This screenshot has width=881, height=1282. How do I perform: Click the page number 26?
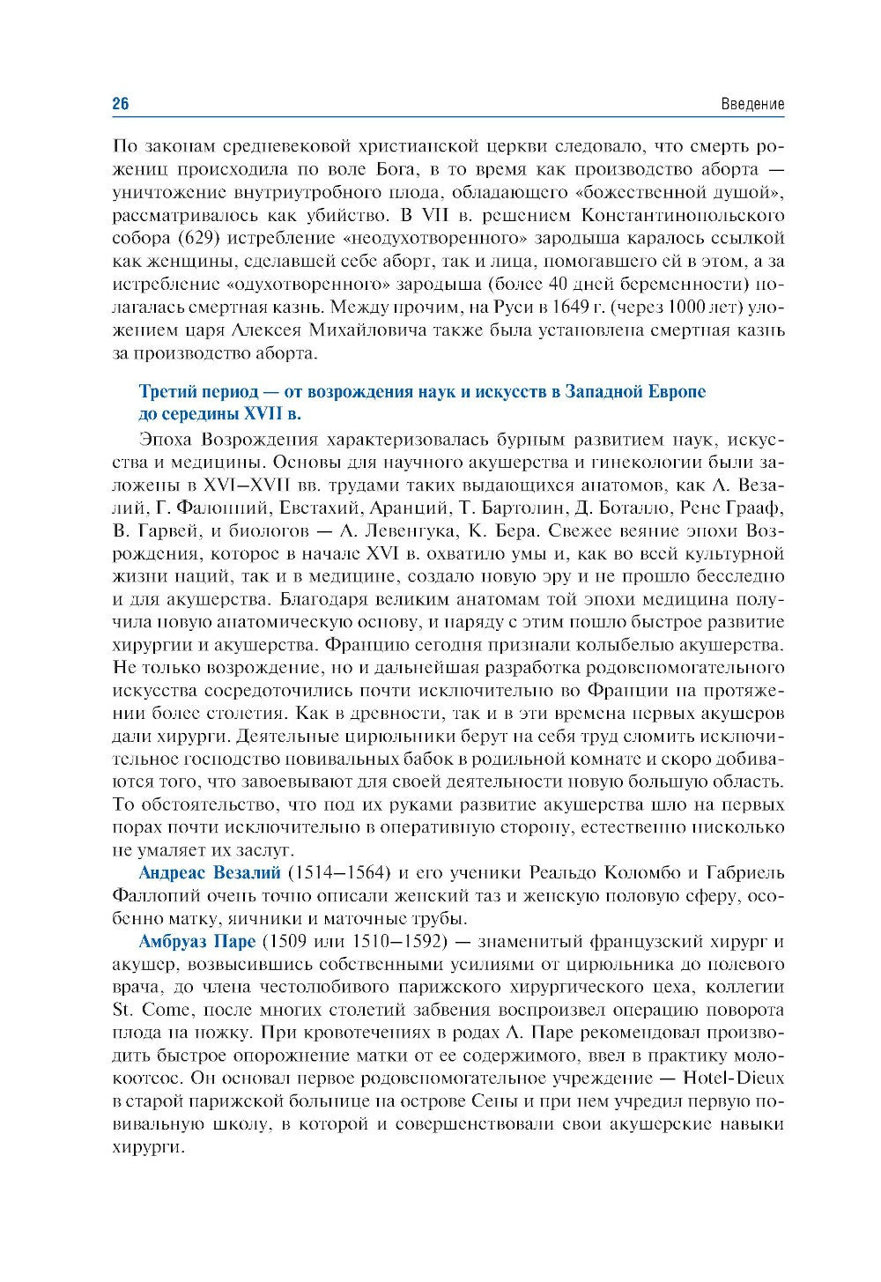click(x=121, y=105)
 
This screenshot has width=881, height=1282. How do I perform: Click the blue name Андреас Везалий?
click(x=210, y=873)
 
